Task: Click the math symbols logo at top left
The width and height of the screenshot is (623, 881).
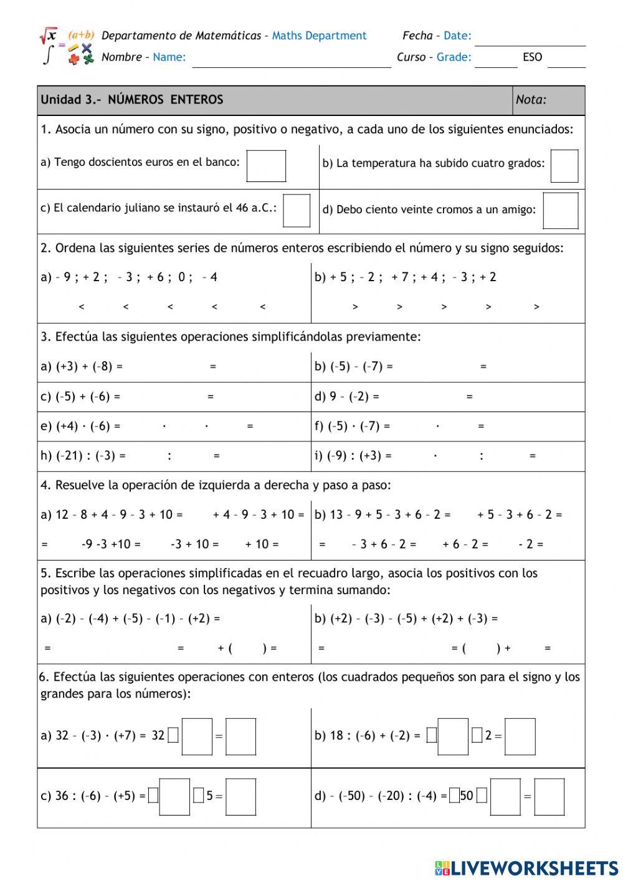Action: [x=67, y=46]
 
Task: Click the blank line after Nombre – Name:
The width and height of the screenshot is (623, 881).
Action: [x=291, y=61]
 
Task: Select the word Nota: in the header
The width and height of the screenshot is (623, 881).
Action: [x=531, y=100]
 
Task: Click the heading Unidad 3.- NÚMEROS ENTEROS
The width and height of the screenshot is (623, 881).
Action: [x=132, y=100]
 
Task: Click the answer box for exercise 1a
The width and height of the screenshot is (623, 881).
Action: [x=266, y=166]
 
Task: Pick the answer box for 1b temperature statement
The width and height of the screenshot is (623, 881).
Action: [x=564, y=166]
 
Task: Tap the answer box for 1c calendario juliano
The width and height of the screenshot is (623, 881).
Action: [x=297, y=211]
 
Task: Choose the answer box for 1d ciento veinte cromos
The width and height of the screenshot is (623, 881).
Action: [x=561, y=211]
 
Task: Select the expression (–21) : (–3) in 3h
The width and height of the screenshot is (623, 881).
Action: [x=85, y=456]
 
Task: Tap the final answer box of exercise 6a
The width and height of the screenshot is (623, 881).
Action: [x=240, y=737]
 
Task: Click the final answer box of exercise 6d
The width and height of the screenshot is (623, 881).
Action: [x=549, y=797]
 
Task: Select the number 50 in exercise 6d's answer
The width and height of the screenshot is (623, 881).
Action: [x=467, y=796]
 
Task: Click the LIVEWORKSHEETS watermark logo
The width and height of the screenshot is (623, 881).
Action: [x=526, y=867]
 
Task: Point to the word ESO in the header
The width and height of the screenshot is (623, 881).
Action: [x=532, y=57]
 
